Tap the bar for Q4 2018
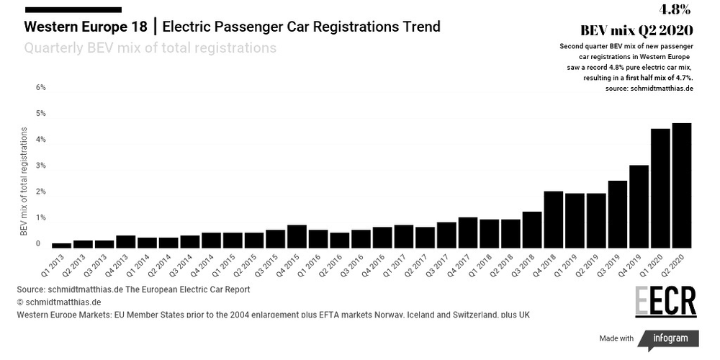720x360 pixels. (x=554, y=219)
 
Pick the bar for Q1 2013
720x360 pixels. (x=62, y=245)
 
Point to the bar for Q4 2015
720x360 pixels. (x=297, y=236)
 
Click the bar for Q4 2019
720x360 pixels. (x=639, y=206)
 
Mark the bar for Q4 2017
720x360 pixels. (x=468, y=232)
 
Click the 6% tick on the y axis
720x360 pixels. (x=41, y=87)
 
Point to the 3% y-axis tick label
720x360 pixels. (x=41, y=166)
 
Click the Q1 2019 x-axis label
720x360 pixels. (x=575, y=265)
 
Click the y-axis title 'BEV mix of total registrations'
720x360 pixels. (x=23, y=181)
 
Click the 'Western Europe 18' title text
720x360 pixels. (x=86, y=27)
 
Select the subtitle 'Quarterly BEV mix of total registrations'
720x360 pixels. (x=150, y=48)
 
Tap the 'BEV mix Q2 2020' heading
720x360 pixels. (x=636, y=30)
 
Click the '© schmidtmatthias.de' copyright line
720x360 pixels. (x=59, y=302)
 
